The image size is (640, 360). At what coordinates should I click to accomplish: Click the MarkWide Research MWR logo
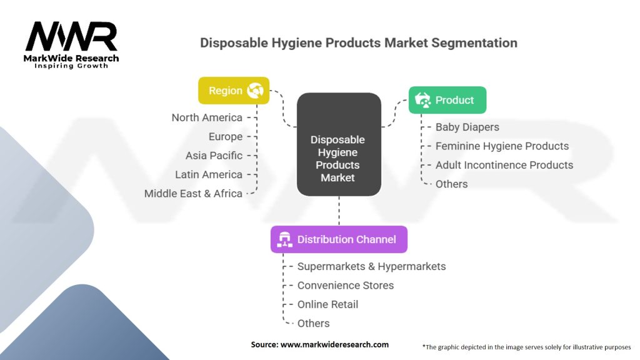tap(71, 45)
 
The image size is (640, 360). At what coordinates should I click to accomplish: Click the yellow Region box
tap(234, 91)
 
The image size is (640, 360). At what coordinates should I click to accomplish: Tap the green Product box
tap(447, 100)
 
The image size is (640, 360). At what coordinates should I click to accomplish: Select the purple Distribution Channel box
tap(339, 239)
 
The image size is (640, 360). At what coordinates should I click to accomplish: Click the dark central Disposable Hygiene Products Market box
tap(339, 144)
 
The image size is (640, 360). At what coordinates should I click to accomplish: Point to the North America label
tap(207, 117)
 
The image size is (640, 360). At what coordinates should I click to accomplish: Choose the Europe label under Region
tap(226, 137)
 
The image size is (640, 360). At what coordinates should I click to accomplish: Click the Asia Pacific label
tap(214, 156)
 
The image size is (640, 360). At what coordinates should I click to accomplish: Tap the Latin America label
tap(209, 175)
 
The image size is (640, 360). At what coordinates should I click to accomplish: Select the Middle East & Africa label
tap(194, 194)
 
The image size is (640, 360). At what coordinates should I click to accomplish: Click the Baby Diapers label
tap(467, 127)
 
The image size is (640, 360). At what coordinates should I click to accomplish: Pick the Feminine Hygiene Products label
tap(502, 146)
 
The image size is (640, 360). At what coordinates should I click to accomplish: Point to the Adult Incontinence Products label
tap(504, 165)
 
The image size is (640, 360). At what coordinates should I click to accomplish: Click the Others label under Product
tap(451, 184)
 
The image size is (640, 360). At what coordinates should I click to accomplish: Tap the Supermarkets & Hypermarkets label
tap(371, 266)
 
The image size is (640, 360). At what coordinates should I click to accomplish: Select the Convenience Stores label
tap(345, 285)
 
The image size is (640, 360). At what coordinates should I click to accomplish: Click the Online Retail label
tap(327, 304)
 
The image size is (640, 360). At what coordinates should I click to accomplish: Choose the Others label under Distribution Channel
tap(314, 323)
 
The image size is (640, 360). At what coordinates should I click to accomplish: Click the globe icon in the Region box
tap(255, 90)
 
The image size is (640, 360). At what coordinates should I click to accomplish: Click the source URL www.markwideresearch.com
tap(334, 344)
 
